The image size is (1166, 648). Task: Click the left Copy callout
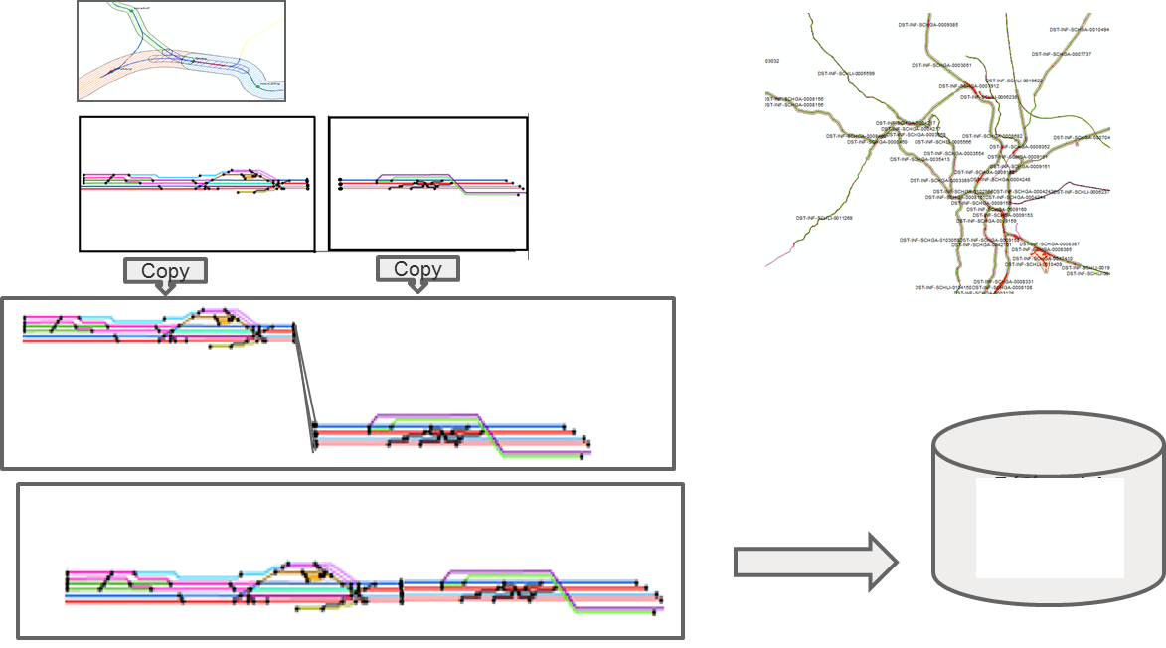click(x=165, y=271)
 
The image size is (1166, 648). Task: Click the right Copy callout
click(x=417, y=269)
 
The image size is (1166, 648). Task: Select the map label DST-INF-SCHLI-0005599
click(x=846, y=73)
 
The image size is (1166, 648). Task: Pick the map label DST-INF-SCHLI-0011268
click(x=824, y=217)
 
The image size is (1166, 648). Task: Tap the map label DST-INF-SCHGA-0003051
click(x=942, y=65)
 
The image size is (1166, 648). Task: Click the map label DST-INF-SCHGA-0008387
click(x=1055, y=243)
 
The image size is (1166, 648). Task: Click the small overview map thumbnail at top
click(x=182, y=51)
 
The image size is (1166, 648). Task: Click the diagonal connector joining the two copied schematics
click(x=304, y=388)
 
